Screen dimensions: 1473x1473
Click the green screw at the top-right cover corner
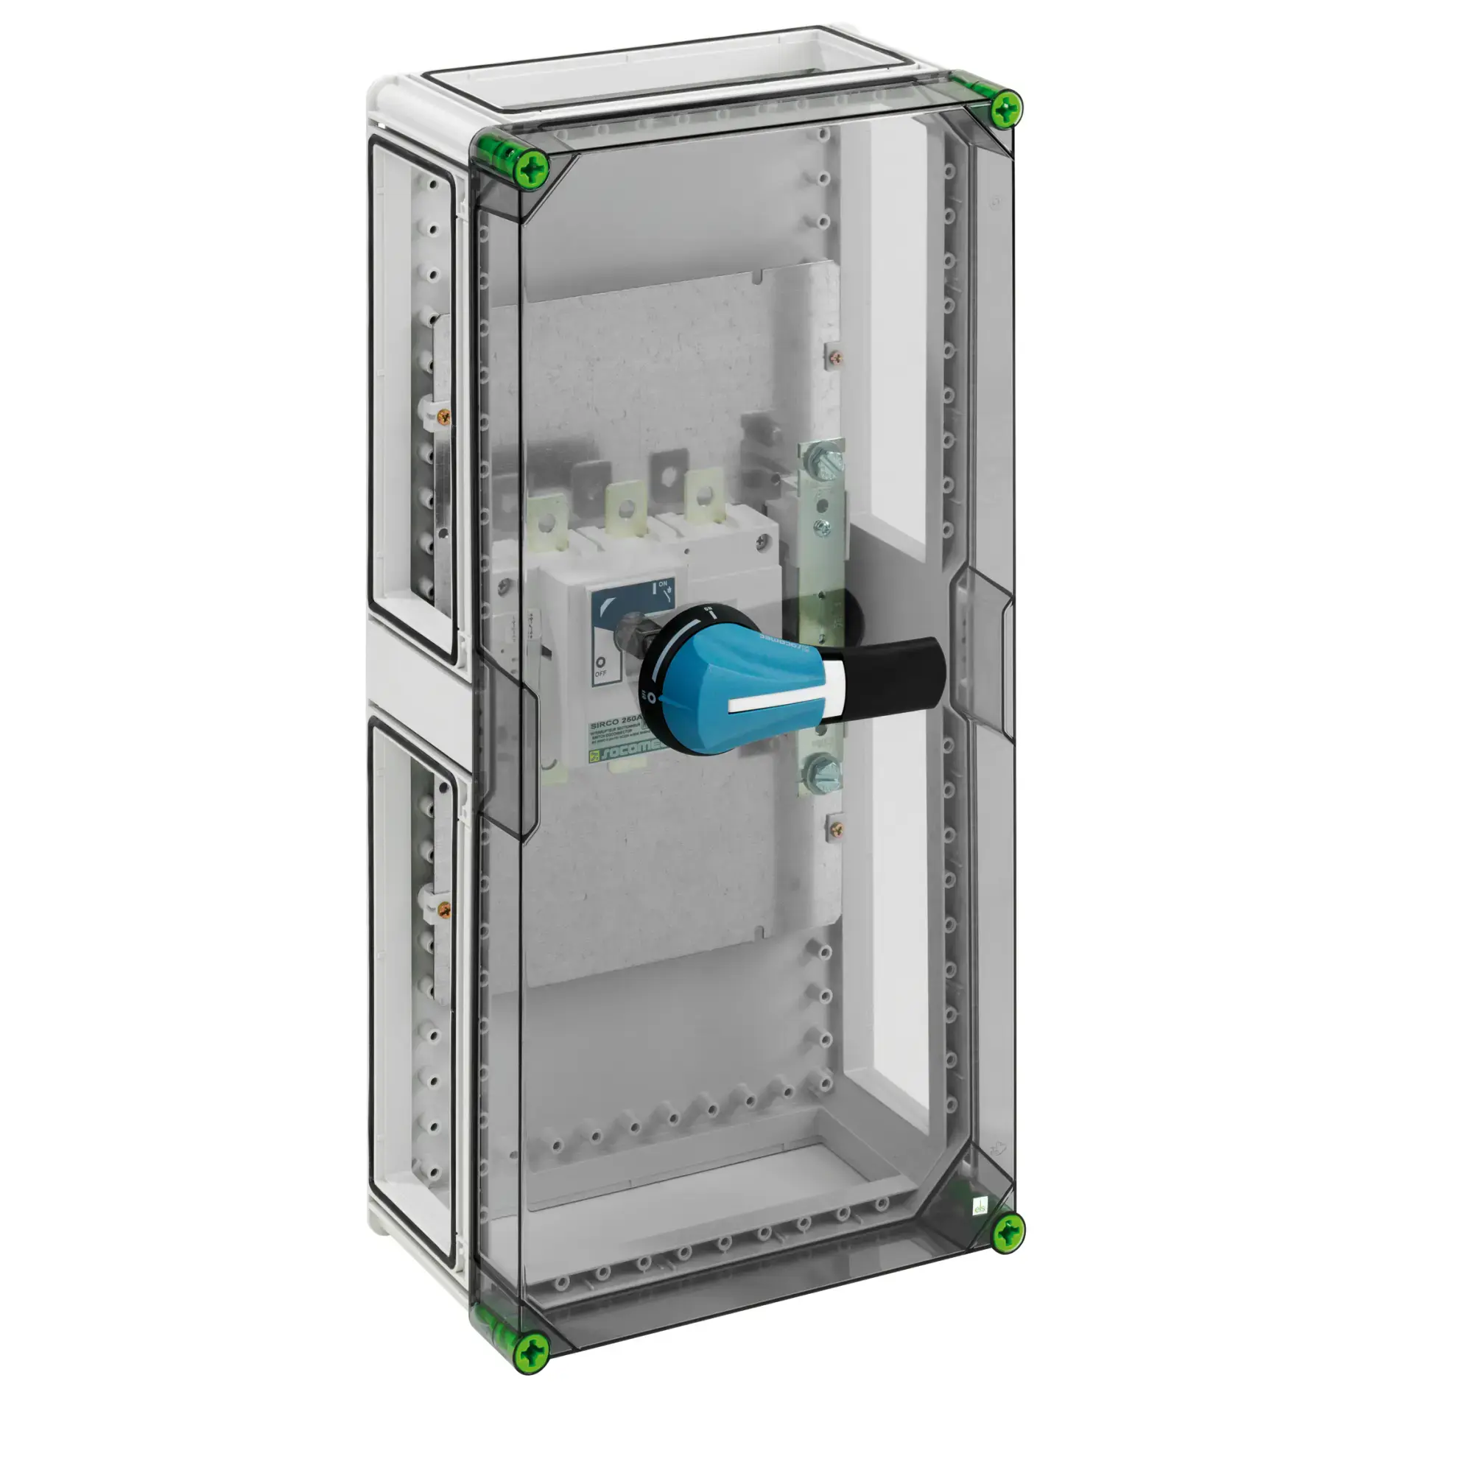(1006, 110)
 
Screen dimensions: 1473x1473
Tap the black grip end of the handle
(900, 671)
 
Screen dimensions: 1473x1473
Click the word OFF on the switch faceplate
(600, 674)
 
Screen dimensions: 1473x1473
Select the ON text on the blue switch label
(662, 585)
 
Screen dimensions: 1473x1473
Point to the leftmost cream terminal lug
(546, 522)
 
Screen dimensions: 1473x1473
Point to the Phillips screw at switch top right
(761, 541)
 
